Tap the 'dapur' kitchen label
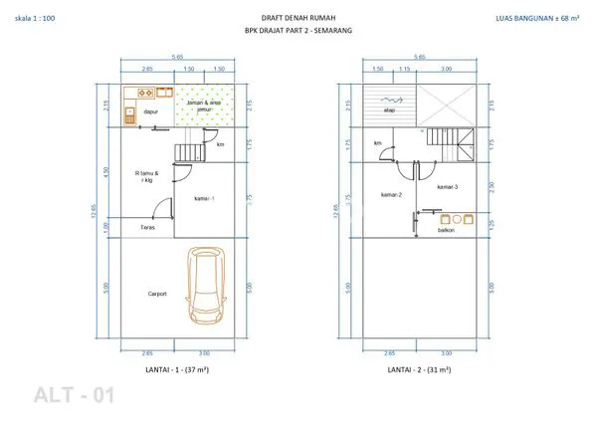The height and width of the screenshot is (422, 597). pyautogui.click(x=151, y=112)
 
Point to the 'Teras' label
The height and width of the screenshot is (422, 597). pyautogui.click(x=147, y=227)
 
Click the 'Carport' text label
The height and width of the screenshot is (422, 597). pyautogui.click(x=156, y=294)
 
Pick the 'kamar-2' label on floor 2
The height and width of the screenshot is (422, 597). pyautogui.click(x=390, y=194)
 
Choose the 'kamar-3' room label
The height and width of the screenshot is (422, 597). pyautogui.click(x=447, y=186)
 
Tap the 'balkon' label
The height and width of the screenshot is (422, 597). pyautogui.click(x=446, y=230)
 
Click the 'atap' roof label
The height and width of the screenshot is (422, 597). pyautogui.click(x=389, y=109)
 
